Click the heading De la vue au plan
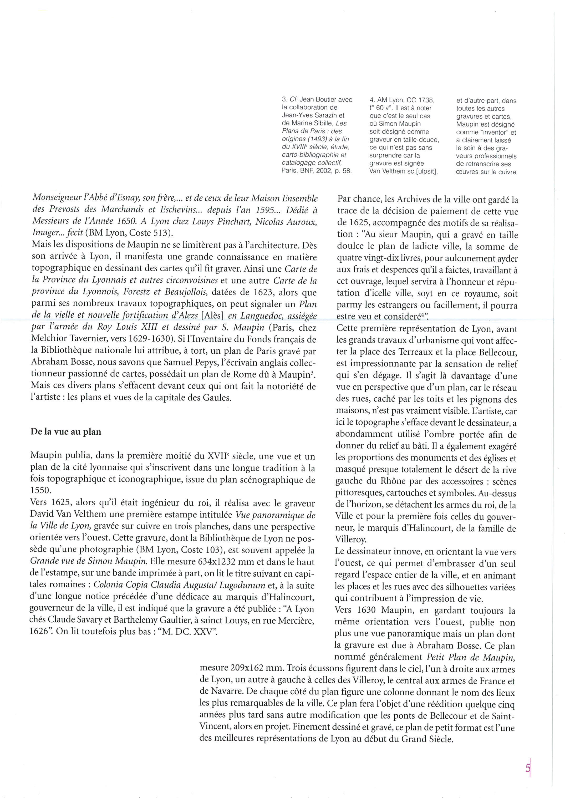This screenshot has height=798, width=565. coord(66,432)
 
